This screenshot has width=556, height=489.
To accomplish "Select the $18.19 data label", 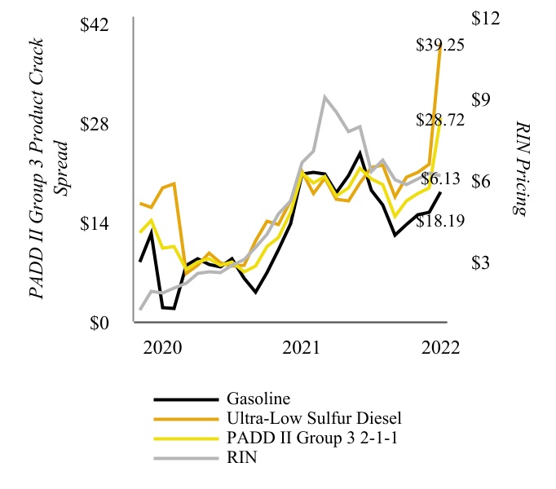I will pos(440,220).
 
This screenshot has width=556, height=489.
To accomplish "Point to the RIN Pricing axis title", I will pos(522,167).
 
